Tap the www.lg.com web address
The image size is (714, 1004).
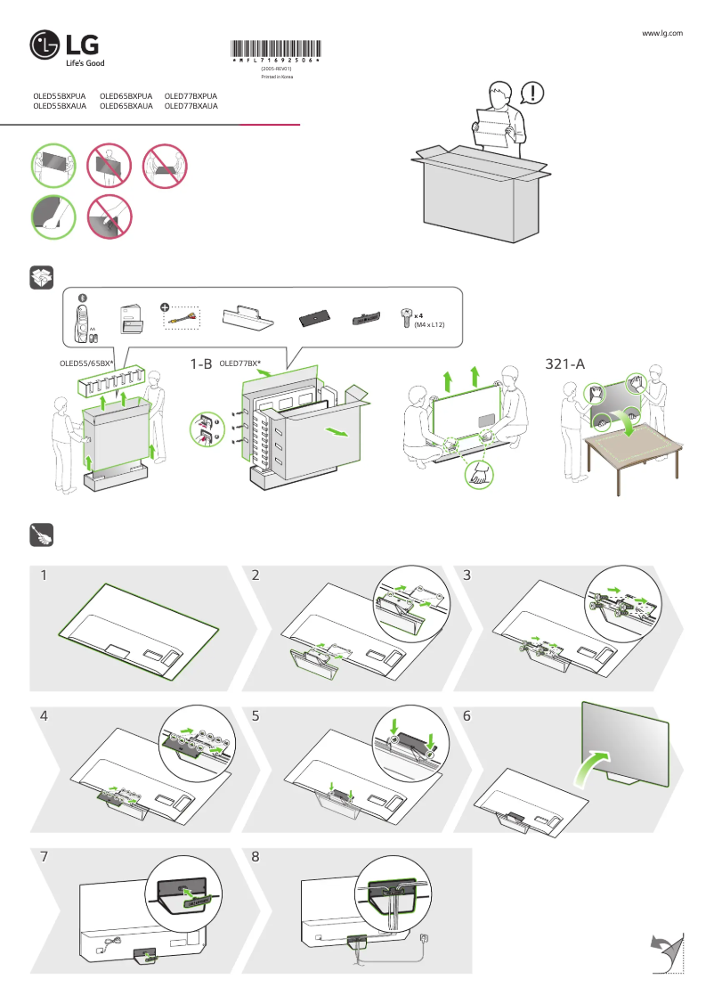pos(661,33)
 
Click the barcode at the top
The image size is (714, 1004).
pos(276,50)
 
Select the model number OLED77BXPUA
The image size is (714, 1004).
pos(191,95)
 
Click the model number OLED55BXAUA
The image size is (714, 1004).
pos(60,106)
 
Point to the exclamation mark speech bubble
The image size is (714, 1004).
pos(531,92)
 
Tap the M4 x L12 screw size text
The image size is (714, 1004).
pos(429,326)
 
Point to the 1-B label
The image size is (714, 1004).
pos(200,364)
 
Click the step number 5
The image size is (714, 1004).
pos(256,715)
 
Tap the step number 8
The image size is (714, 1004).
pos(256,857)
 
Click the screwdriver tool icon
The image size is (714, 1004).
pos(42,535)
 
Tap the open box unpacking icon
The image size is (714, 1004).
pos(42,277)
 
